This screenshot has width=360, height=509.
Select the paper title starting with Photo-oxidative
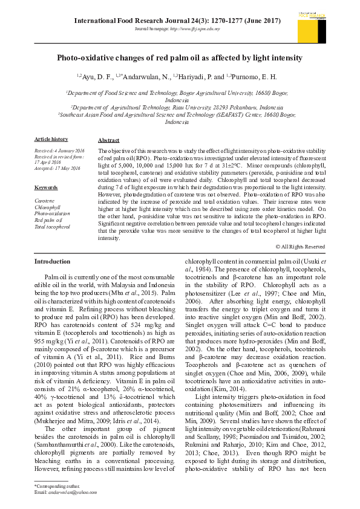pos(180,58)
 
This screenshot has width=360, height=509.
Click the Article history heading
pos(51,140)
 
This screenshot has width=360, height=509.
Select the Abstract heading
pos(108,140)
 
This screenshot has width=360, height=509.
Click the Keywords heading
pos(46,187)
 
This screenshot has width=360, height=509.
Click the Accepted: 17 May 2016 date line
pos(57,168)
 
